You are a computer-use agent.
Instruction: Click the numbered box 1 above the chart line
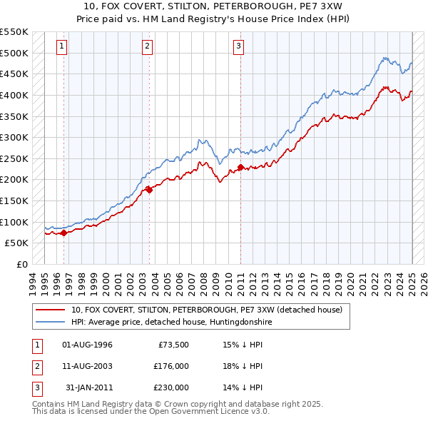(63, 47)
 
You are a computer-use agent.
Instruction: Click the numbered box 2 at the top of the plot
(147, 47)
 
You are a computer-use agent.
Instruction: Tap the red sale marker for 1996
(63, 232)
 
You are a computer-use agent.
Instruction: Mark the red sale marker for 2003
(148, 189)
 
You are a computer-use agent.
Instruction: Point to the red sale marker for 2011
(240, 167)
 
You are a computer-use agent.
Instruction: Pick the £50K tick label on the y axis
(16, 243)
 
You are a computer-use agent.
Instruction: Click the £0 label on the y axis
(21, 264)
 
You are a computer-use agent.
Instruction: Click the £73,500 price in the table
(173, 345)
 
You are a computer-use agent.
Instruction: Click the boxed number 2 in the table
(35, 366)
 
